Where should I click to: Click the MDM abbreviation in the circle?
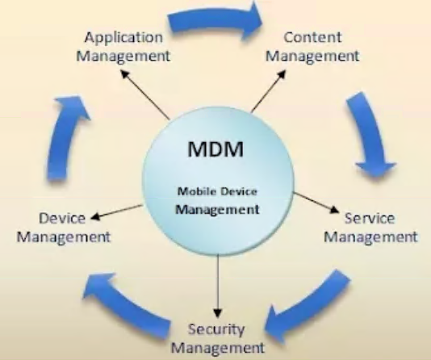pos(215,149)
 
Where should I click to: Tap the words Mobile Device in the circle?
pos(217,191)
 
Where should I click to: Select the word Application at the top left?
pos(123,38)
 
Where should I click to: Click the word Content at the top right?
pos(312,37)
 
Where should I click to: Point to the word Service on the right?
pos(370,218)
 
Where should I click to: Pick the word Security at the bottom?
pos(216,330)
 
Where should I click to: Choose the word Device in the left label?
pos(62,219)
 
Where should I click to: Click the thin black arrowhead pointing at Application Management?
pos(125,73)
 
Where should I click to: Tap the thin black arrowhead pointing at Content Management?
pos(282,74)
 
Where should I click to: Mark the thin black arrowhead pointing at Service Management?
pos(334,209)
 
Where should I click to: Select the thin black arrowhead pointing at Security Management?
pos(218,312)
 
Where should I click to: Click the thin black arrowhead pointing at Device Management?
pos(95,217)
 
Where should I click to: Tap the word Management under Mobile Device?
pos(217,210)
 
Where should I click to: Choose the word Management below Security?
pos(218,348)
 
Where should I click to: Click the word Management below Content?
pos(312,56)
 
